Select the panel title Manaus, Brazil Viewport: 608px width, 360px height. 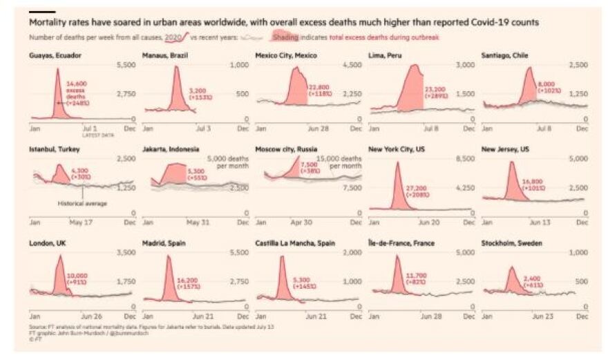click(165, 55)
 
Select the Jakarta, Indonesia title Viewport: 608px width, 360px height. click(171, 149)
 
